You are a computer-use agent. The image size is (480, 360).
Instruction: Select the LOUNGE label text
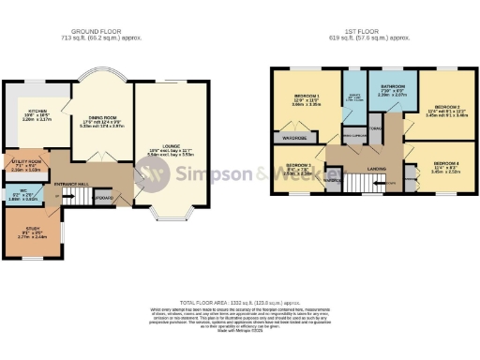coord(163,149)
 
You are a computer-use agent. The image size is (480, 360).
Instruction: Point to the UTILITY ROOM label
coord(24,163)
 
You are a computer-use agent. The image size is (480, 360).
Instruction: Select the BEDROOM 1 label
coord(307,97)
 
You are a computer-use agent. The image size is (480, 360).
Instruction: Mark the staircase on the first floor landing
coord(382,183)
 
